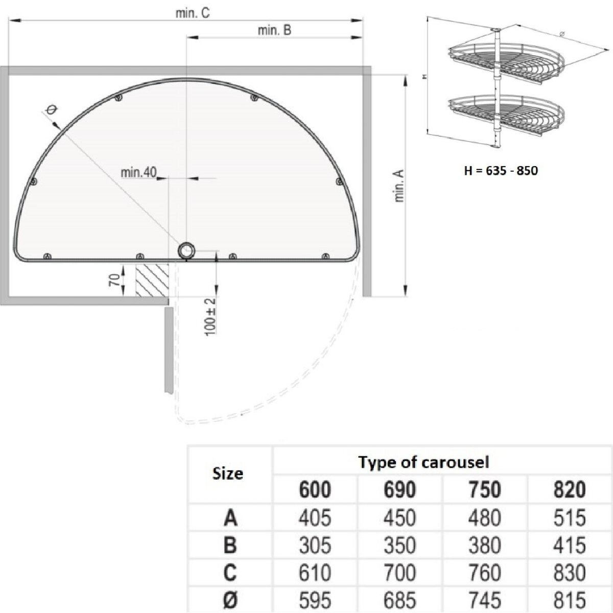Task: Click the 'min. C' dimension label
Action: tap(193, 13)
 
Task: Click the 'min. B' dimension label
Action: tap(274, 30)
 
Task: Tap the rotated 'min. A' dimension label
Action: tap(399, 186)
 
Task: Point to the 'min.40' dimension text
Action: tap(139, 173)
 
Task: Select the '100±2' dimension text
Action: tap(210, 317)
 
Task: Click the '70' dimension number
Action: tap(115, 280)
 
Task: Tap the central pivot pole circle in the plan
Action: tap(186, 251)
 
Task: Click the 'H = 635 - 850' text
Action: tap(501, 171)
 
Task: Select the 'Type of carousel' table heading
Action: tap(423, 462)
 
